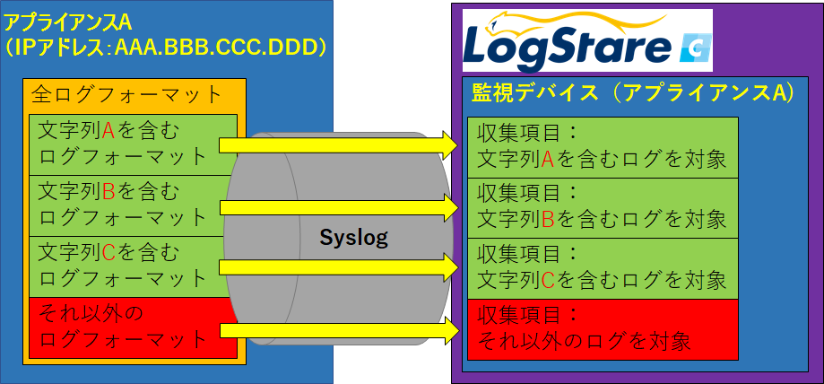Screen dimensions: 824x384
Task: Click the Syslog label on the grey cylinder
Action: pos(353,239)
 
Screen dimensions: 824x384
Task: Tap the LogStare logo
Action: pos(587,40)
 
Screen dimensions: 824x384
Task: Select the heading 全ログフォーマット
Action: pos(126,95)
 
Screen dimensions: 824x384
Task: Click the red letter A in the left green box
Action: pos(108,132)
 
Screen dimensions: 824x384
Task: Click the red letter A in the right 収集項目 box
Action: pos(547,159)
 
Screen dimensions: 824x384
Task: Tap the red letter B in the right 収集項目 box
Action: pos(547,219)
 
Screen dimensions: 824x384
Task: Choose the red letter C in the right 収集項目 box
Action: pos(547,280)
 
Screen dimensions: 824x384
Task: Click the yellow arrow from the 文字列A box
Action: pos(340,145)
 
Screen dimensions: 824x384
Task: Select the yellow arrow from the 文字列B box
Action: pos(340,207)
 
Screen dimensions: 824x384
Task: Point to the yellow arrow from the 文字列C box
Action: pos(340,267)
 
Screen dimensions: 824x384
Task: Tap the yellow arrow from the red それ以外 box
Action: pos(340,330)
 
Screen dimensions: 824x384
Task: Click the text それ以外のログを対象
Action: pos(584,342)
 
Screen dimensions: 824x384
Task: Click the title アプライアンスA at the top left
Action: pos(68,22)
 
